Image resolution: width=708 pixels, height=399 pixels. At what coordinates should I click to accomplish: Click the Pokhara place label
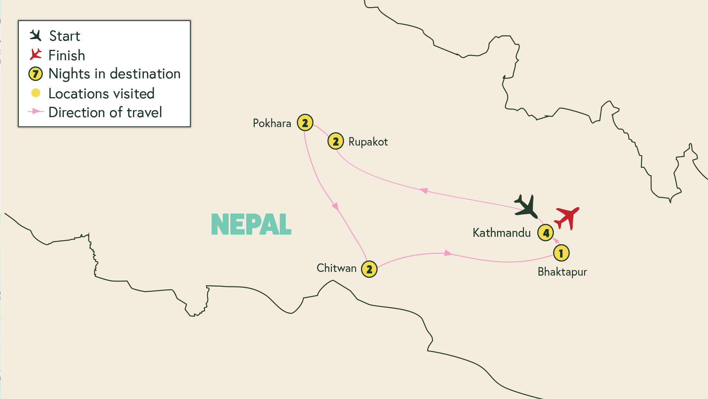click(272, 123)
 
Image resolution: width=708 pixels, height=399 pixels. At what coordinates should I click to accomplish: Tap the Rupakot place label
click(368, 142)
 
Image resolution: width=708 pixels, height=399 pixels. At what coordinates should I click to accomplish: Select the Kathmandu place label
click(502, 233)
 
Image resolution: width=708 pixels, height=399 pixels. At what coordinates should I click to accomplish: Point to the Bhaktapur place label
click(562, 272)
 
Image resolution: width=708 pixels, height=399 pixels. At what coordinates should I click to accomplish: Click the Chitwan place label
click(336, 268)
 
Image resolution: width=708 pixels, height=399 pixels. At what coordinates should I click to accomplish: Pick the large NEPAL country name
click(251, 224)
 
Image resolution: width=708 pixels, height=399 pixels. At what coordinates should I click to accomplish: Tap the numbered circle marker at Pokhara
click(305, 123)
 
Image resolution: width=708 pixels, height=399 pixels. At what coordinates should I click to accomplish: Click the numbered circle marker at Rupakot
click(336, 141)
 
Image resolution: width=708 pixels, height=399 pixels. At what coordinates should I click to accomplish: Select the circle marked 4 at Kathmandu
click(545, 233)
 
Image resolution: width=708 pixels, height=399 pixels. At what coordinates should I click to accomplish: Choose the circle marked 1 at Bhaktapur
click(561, 253)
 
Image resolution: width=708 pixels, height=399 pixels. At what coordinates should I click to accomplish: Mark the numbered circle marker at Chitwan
click(369, 269)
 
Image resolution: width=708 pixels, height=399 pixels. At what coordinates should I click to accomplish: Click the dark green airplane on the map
click(527, 207)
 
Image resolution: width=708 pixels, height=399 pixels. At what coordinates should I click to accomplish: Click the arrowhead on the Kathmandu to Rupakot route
click(424, 191)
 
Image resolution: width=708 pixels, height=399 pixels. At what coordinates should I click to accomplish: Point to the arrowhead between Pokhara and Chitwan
click(335, 206)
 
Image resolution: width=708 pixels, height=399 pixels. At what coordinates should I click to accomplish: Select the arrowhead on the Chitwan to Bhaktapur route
click(448, 253)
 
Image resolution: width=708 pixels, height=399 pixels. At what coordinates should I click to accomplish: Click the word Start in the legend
click(65, 36)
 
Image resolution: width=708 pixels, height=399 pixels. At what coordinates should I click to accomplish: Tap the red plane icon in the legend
click(36, 55)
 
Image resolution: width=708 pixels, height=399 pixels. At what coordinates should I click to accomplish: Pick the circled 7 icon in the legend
click(35, 74)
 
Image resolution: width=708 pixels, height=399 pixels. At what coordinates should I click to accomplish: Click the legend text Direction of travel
click(105, 112)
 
